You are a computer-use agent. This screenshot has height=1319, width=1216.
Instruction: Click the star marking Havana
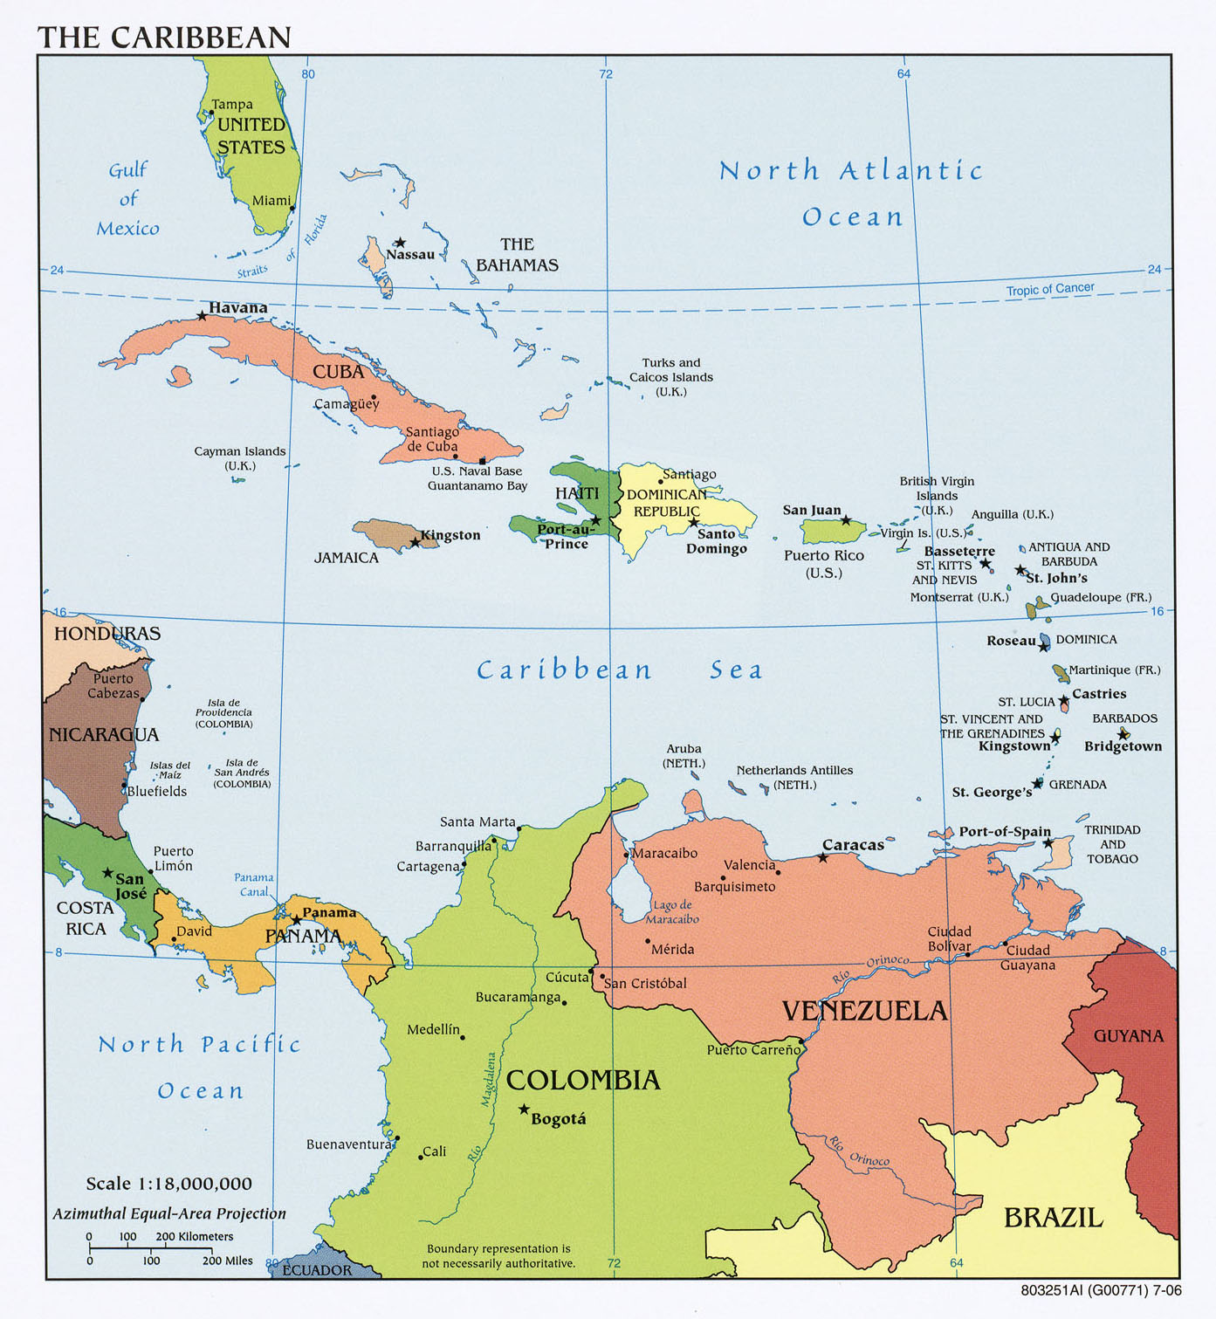[x=202, y=315]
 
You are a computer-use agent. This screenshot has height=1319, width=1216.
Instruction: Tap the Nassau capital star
[x=400, y=243]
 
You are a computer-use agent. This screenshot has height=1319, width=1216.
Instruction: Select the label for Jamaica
[x=347, y=558]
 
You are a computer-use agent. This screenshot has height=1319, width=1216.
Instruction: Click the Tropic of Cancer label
[x=1049, y=289]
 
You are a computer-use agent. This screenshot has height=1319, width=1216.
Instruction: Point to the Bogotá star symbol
[x=524, y=1109]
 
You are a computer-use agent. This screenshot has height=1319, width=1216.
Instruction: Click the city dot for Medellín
[x=463, y=1037]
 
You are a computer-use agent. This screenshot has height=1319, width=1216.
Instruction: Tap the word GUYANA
[x=1129, y=1036]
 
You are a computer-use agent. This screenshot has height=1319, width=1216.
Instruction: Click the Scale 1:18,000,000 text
[x=168, y=1184]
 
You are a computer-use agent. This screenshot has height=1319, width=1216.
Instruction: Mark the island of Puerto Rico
[x=832, y=530]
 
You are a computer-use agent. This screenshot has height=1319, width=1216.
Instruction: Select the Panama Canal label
[x=254, y=884]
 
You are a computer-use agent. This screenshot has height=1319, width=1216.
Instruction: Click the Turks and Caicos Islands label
[x=671, y=377]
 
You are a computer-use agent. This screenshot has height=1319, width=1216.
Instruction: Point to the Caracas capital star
[x=822, y=857]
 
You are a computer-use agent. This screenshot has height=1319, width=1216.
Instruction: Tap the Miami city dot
[x=292, y=209]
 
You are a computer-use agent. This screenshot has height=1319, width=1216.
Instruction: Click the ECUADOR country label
[x=317, y=1270]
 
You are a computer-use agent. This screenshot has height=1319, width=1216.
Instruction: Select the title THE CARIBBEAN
[x=164, y=37]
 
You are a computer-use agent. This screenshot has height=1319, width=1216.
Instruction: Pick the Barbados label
[x=1124, y=718]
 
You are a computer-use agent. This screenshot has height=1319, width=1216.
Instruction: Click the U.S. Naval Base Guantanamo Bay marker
[x=483, y=461]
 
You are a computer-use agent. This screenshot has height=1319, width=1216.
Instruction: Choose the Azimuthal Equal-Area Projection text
[x=169, y=1213]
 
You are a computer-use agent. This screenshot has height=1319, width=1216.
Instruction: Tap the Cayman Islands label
[x=240, y=458]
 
